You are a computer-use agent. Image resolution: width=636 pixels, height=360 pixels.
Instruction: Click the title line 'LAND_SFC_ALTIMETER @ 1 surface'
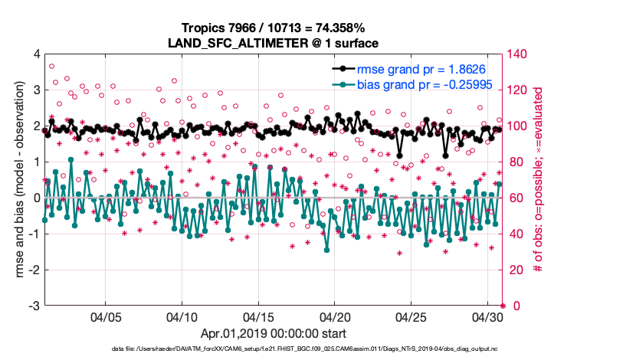(x=273, y=44)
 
